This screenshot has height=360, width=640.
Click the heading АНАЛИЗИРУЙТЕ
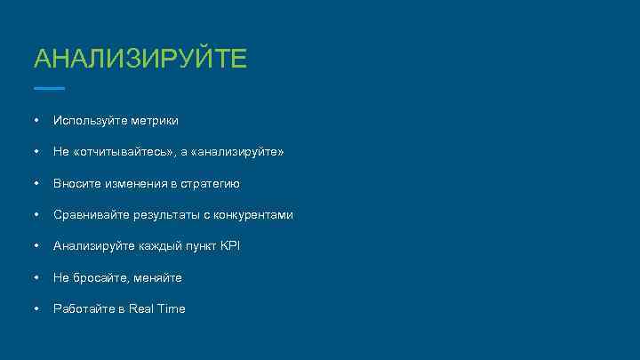click(140, 60)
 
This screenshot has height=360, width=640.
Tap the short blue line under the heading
click(49, 88)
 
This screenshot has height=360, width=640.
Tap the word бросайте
click(102, 277)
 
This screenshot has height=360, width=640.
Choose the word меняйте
click(160, 277)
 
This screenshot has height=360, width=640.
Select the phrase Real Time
click(156, 308)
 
